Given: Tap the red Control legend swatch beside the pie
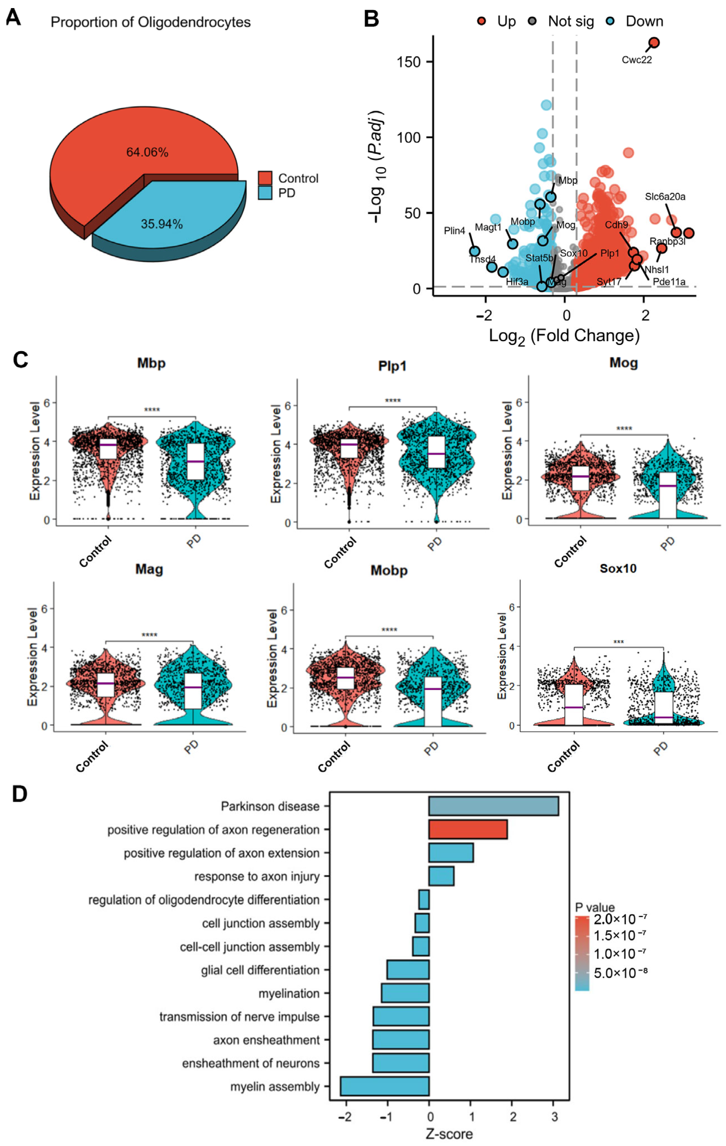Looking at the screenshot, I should tap(265, 178).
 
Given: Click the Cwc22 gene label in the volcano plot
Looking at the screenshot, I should tap(636, 60).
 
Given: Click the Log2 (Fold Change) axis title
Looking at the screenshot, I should tap(564, 336).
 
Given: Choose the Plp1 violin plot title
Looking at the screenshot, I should tap(392, 366).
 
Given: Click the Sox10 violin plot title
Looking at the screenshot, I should tap(618, 568).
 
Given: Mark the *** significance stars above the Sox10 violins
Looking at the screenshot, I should tap(618, 642).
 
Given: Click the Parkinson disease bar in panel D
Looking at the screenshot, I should tap(493, 806).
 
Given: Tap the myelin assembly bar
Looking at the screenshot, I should tap(385, 1087).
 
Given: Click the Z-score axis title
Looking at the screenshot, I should tap(449, 1134).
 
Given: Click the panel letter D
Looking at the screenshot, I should tap(20, 794).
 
